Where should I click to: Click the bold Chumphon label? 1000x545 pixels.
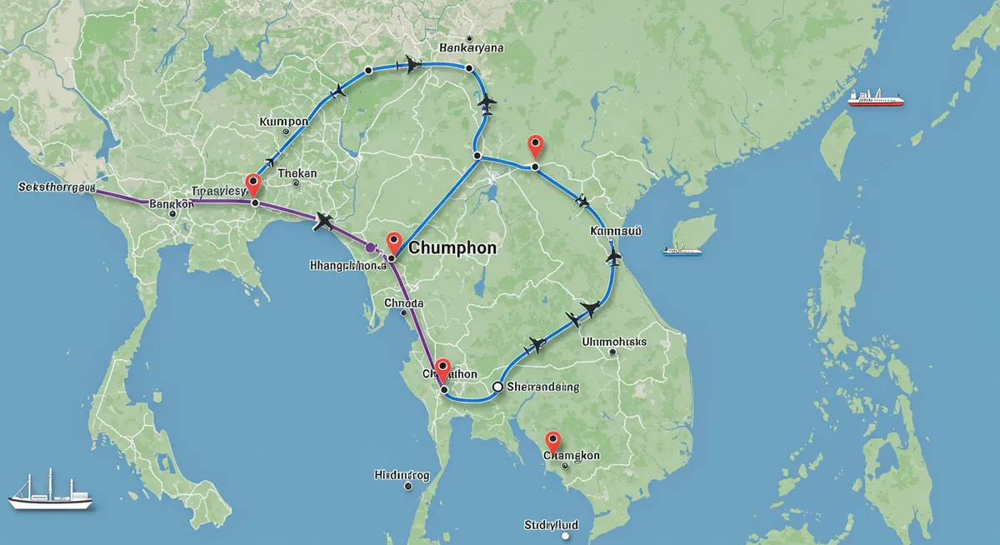(452, 248)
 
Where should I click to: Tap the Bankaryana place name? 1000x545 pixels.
(471, 48)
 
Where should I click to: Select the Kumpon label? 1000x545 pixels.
(284, 122)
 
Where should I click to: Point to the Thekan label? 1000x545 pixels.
(297, 173)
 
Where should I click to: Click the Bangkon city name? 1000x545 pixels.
(171, 203)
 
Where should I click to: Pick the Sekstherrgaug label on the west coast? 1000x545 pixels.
(57, 187)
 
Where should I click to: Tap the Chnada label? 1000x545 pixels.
(404, 303)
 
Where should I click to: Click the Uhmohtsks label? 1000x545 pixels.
(613, 341)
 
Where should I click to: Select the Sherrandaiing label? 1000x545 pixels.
(542, 387)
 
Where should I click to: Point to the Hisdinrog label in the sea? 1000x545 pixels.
(402, 476)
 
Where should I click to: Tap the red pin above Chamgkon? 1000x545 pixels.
(552, 442)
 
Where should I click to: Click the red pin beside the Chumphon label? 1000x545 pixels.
(395, 242)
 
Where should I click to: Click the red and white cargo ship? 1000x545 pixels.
(876, 97)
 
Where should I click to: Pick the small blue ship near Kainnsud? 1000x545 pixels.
(682, 248)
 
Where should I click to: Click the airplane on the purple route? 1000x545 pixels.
(323, 221)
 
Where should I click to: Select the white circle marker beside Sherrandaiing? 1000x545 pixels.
(497, 387)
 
